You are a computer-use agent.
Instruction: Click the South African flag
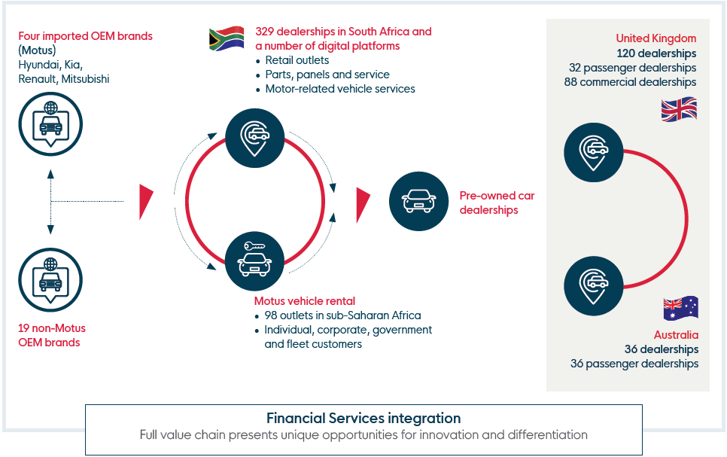[227, 38]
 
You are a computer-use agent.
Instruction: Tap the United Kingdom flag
[679, 109]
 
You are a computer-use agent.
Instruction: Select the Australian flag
[680, 308]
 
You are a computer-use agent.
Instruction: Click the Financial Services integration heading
[363, 418]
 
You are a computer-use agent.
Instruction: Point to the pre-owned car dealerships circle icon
[418, 201]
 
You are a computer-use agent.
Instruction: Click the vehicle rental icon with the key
[254, 261]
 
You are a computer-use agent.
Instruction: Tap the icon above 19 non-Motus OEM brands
[50, 280]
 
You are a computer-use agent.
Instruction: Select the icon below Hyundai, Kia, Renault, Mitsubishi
[50, 124]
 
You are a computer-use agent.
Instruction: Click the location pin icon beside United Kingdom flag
[594, 152]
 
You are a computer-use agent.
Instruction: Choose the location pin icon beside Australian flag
[594, 286]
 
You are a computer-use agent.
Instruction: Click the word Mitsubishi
[85, 79]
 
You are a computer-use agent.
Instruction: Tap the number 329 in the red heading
[264, 32]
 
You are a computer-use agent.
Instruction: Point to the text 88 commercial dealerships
[630, 81]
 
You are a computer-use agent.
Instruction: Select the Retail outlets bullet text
[297, 60]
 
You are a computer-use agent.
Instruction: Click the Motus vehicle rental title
[305, 301]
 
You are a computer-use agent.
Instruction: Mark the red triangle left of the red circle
[145, 201]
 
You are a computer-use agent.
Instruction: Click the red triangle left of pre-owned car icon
[362, 205]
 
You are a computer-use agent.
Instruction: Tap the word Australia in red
[676, 335]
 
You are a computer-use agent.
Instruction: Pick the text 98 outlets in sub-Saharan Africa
[342, 315]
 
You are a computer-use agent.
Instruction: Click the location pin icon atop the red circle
[254, 138]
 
